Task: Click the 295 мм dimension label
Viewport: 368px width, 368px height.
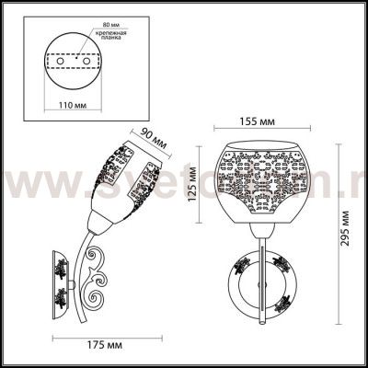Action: pos(344,240)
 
